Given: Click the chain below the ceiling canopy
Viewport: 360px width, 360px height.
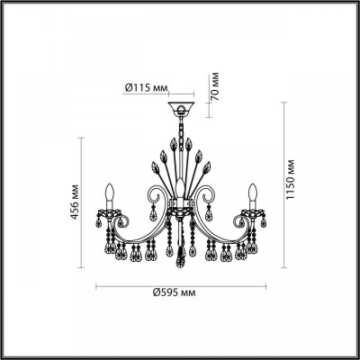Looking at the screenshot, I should [x=180, y=135].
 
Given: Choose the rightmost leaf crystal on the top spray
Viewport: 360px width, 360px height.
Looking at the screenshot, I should [x=210, y=164].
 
